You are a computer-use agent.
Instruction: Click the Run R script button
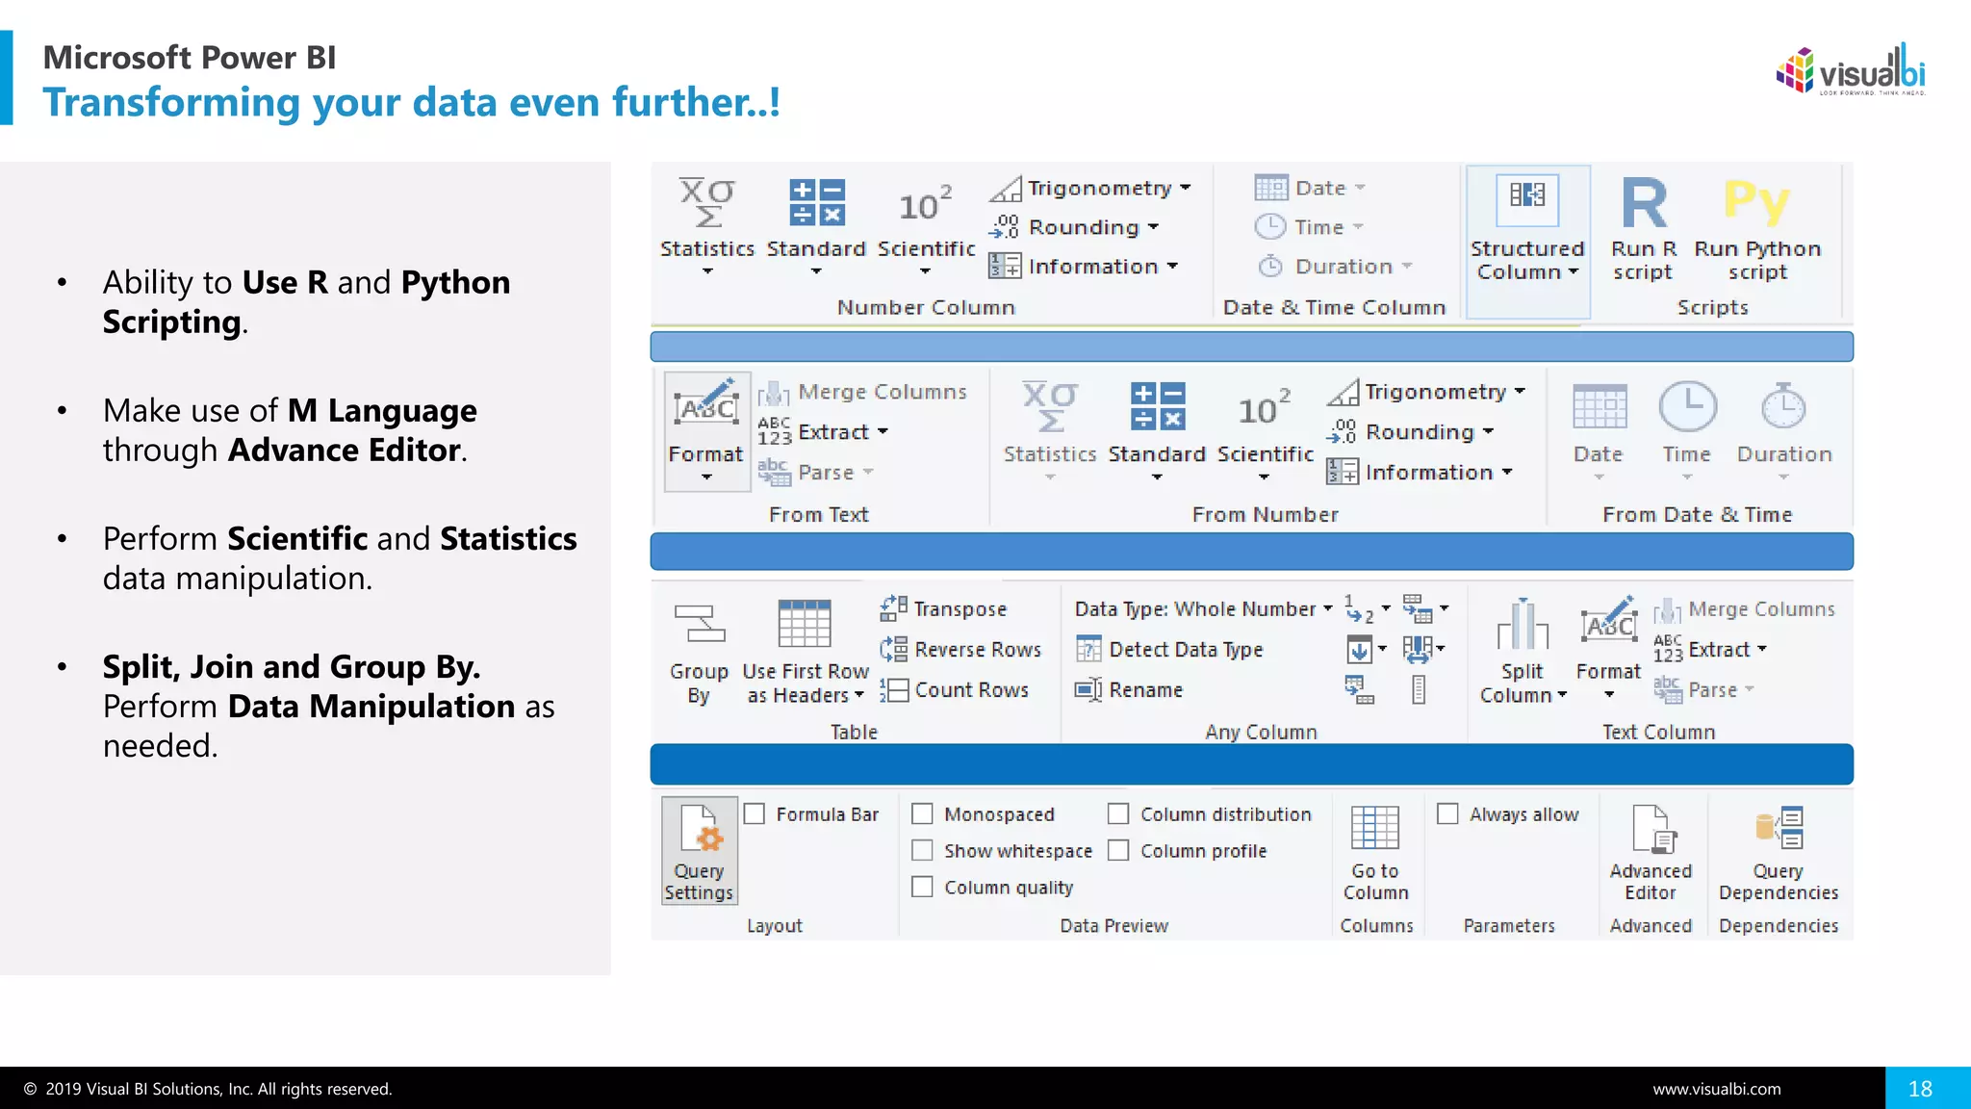click(x=1643, y=229)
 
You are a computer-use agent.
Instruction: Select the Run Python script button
click(x=1756, y=229)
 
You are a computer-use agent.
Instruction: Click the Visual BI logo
click(x=1851, y=71)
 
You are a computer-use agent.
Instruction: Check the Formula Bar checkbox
click(x=755, y=814)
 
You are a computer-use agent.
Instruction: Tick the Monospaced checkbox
click(x=923, y=814)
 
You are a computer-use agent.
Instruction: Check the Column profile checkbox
click(x=1118, y=851)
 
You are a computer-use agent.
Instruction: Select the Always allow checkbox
click(x=1447, y=814)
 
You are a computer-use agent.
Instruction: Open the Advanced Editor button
click(x=1651, y=853)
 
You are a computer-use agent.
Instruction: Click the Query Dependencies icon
click(x=1779, y=830)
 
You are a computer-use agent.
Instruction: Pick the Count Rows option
click(x=956, y=690)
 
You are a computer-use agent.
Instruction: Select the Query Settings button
click(x=700, y=851)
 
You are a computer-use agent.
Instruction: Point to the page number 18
click(x=1920, y=1089)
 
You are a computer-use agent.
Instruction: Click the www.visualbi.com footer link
click(x=1717, y=1090)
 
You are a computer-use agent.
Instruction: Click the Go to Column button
click(x=1375, y=853)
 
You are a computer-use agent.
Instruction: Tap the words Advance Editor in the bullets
click(x=345, y=451)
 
